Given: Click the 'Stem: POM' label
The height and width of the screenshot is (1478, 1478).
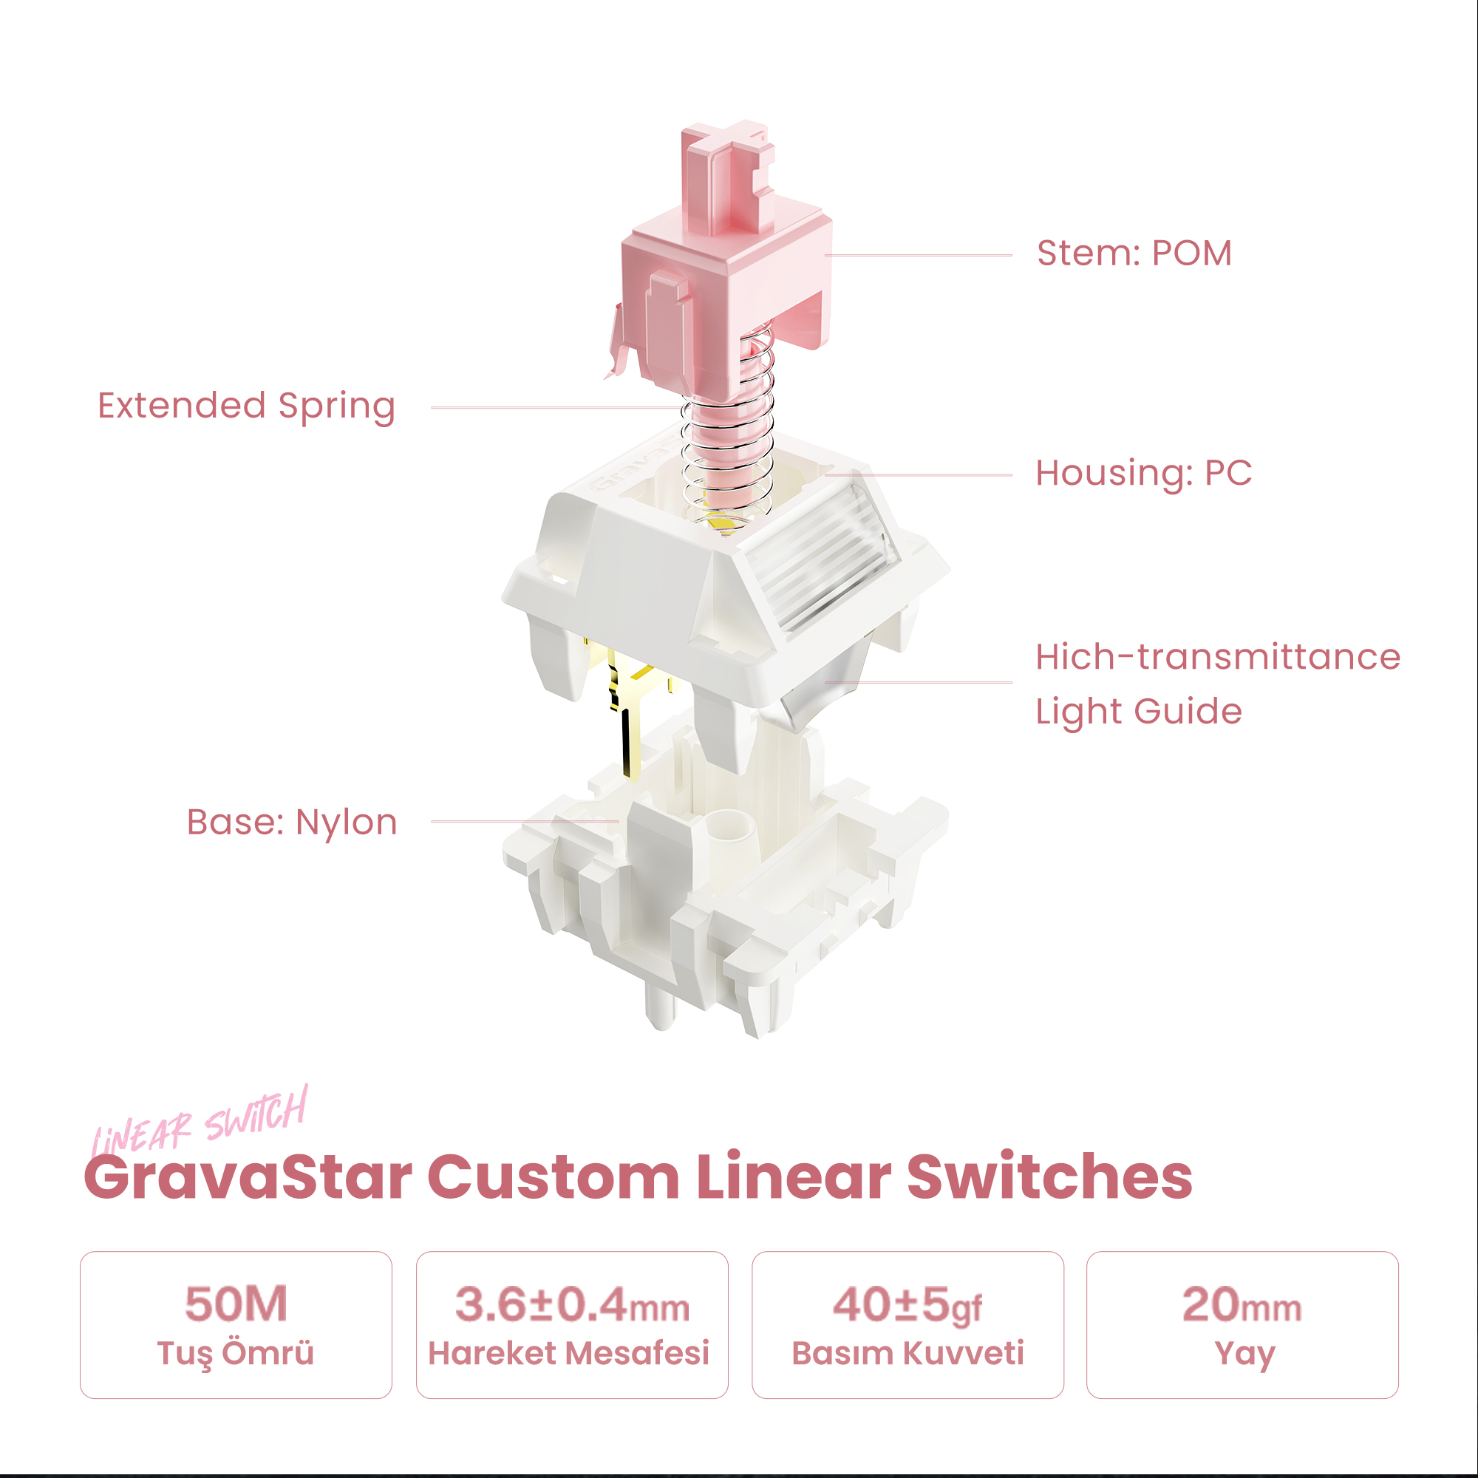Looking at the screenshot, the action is (x=1134, y=253).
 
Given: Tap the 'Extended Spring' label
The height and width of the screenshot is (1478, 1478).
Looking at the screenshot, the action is (x=246, y=406).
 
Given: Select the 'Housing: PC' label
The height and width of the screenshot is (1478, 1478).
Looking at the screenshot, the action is (x=1144, y=473).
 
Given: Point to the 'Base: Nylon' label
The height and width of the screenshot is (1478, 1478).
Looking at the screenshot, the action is (x=292, y=823).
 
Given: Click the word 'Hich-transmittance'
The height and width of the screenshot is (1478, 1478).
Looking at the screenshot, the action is (x=1218, y=656).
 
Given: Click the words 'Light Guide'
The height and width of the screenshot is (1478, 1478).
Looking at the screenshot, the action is (x=1138, y=712).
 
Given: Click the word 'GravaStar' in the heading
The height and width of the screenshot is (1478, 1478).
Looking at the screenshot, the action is (x=248, y=1177).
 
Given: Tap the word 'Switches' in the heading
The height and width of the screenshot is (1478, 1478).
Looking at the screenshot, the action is (x=1049, y=1176).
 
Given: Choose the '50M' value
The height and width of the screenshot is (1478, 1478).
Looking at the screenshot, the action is (x=236, y=1304).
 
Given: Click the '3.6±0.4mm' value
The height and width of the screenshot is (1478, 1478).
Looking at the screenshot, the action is (x=572, y=1304).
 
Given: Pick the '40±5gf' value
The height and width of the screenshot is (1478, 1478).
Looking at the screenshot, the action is (x=907, y=1305).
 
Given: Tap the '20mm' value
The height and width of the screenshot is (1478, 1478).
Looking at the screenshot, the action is (x=1242, y=1304).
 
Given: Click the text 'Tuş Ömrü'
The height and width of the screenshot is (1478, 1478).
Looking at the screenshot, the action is (x=236, y=1353).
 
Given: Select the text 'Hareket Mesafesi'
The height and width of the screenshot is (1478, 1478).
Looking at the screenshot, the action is (x=569, y=1352).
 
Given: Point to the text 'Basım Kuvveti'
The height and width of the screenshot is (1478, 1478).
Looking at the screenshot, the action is (x=908, y=1352).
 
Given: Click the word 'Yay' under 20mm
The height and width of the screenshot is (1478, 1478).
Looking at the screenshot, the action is (x=1244, y=1355).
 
